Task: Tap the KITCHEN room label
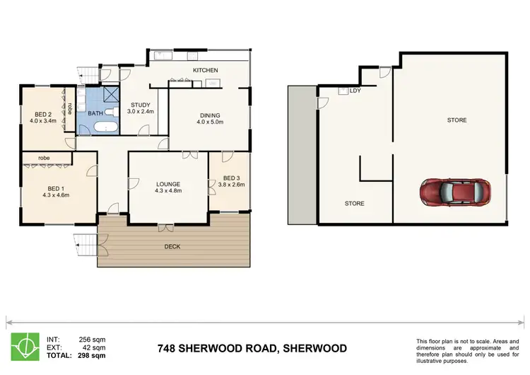coord(206,70)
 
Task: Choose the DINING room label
coord(209,115)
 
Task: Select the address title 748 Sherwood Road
coord(252,348)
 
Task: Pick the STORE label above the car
coord(457,120)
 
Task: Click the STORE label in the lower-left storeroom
coord(354,203)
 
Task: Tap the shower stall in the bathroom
coord(110,96)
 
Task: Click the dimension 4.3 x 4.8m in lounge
coord(168,190)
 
